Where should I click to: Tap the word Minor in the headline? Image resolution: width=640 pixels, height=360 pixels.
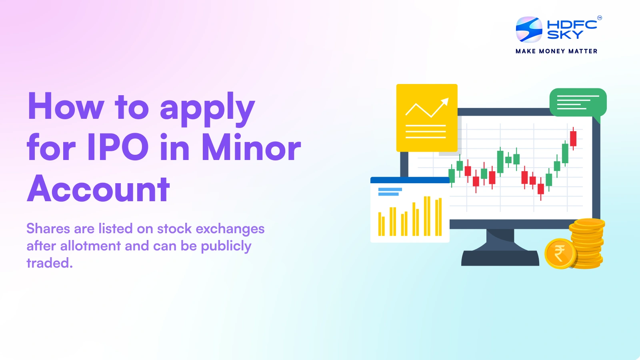(x=251, y=147)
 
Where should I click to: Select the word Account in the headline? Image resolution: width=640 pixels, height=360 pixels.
(x=99, y=189)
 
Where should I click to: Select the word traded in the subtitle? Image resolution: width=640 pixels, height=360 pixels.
(x=48, y=263)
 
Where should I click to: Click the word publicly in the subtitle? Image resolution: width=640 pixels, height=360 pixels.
(x=226, y=246)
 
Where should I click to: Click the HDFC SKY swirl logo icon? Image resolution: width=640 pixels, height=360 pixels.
(x=529, y=29)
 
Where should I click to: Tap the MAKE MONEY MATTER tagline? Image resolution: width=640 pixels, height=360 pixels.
(x=556, y=51)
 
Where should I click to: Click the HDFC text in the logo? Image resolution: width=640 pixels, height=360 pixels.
(x=572, y=24)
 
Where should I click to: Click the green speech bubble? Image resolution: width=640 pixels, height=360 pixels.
(x=578, y=102)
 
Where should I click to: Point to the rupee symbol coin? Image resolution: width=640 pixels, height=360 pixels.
(x=560, y=253)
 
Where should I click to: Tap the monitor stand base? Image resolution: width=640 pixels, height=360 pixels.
(x=500, y=258)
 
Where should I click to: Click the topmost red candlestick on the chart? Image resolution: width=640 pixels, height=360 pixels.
(x=573, y=138)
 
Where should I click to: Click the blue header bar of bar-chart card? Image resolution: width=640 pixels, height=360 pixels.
(x=410, y=180)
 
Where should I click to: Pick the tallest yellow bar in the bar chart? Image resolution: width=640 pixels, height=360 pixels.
(x=427, y=216)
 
